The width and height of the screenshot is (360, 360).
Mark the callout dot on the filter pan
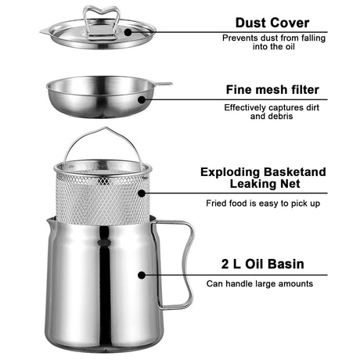click(142, 100)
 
